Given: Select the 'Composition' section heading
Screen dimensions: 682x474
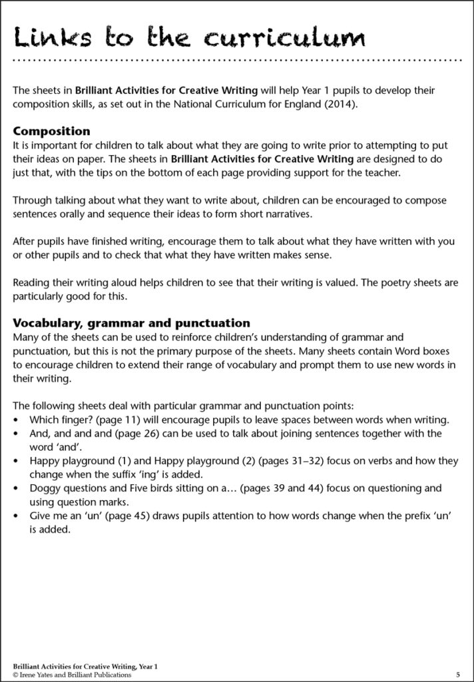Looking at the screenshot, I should pos(51,131).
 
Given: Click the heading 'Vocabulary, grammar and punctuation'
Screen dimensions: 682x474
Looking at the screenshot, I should pos(131,324).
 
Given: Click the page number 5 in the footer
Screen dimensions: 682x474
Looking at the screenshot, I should pos(458,675).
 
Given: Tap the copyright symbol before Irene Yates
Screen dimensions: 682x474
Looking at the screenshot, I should pos(16,675).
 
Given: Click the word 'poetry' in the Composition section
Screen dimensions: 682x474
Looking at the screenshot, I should pos(391,282).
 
